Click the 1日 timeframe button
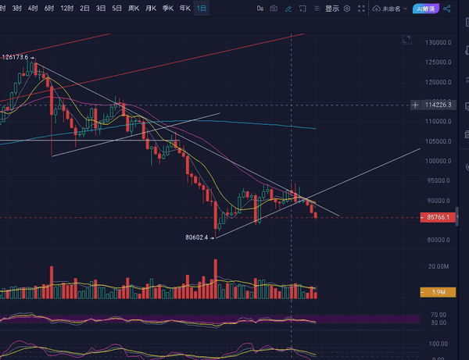click(202, 9)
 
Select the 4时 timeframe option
click(32, 9)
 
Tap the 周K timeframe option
click(134, 9)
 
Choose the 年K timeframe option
click(184, 9)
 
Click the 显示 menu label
click(332, 9)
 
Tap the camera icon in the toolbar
click(274, 9)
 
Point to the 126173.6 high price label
click(15, 57)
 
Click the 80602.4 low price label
click(197, 237)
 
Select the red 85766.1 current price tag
click(438, 217)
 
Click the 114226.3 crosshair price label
click(437, 105)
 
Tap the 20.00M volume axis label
click(439, 266)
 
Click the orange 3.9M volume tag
click(438, 292)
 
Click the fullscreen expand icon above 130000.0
click(406, 39)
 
